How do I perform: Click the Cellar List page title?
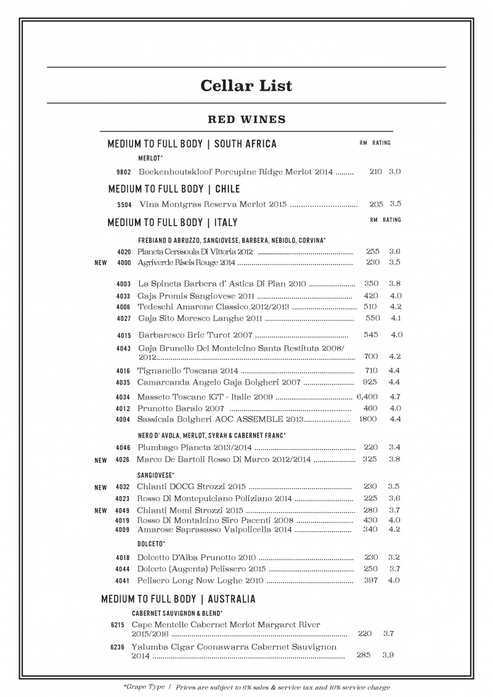pos(246,85)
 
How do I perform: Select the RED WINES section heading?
pos(246,118)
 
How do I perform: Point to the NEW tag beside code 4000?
pos(100,263)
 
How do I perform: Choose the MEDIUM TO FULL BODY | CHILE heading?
pos(174,189)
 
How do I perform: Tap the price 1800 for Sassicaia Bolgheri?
pos(368,420)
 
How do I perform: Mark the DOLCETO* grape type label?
pos(150,544)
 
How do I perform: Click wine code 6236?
pos(118,648)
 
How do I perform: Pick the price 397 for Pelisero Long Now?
pos(371,581)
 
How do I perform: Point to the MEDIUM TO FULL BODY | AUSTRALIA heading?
pos(178,599)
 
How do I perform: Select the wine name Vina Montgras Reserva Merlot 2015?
pos(213,204)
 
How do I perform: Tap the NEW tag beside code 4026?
pos(100,460)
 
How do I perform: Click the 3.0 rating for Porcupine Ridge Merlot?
pos(395,172)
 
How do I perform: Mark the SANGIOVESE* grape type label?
pos(156,475)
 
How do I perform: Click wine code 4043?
pos(123,349)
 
